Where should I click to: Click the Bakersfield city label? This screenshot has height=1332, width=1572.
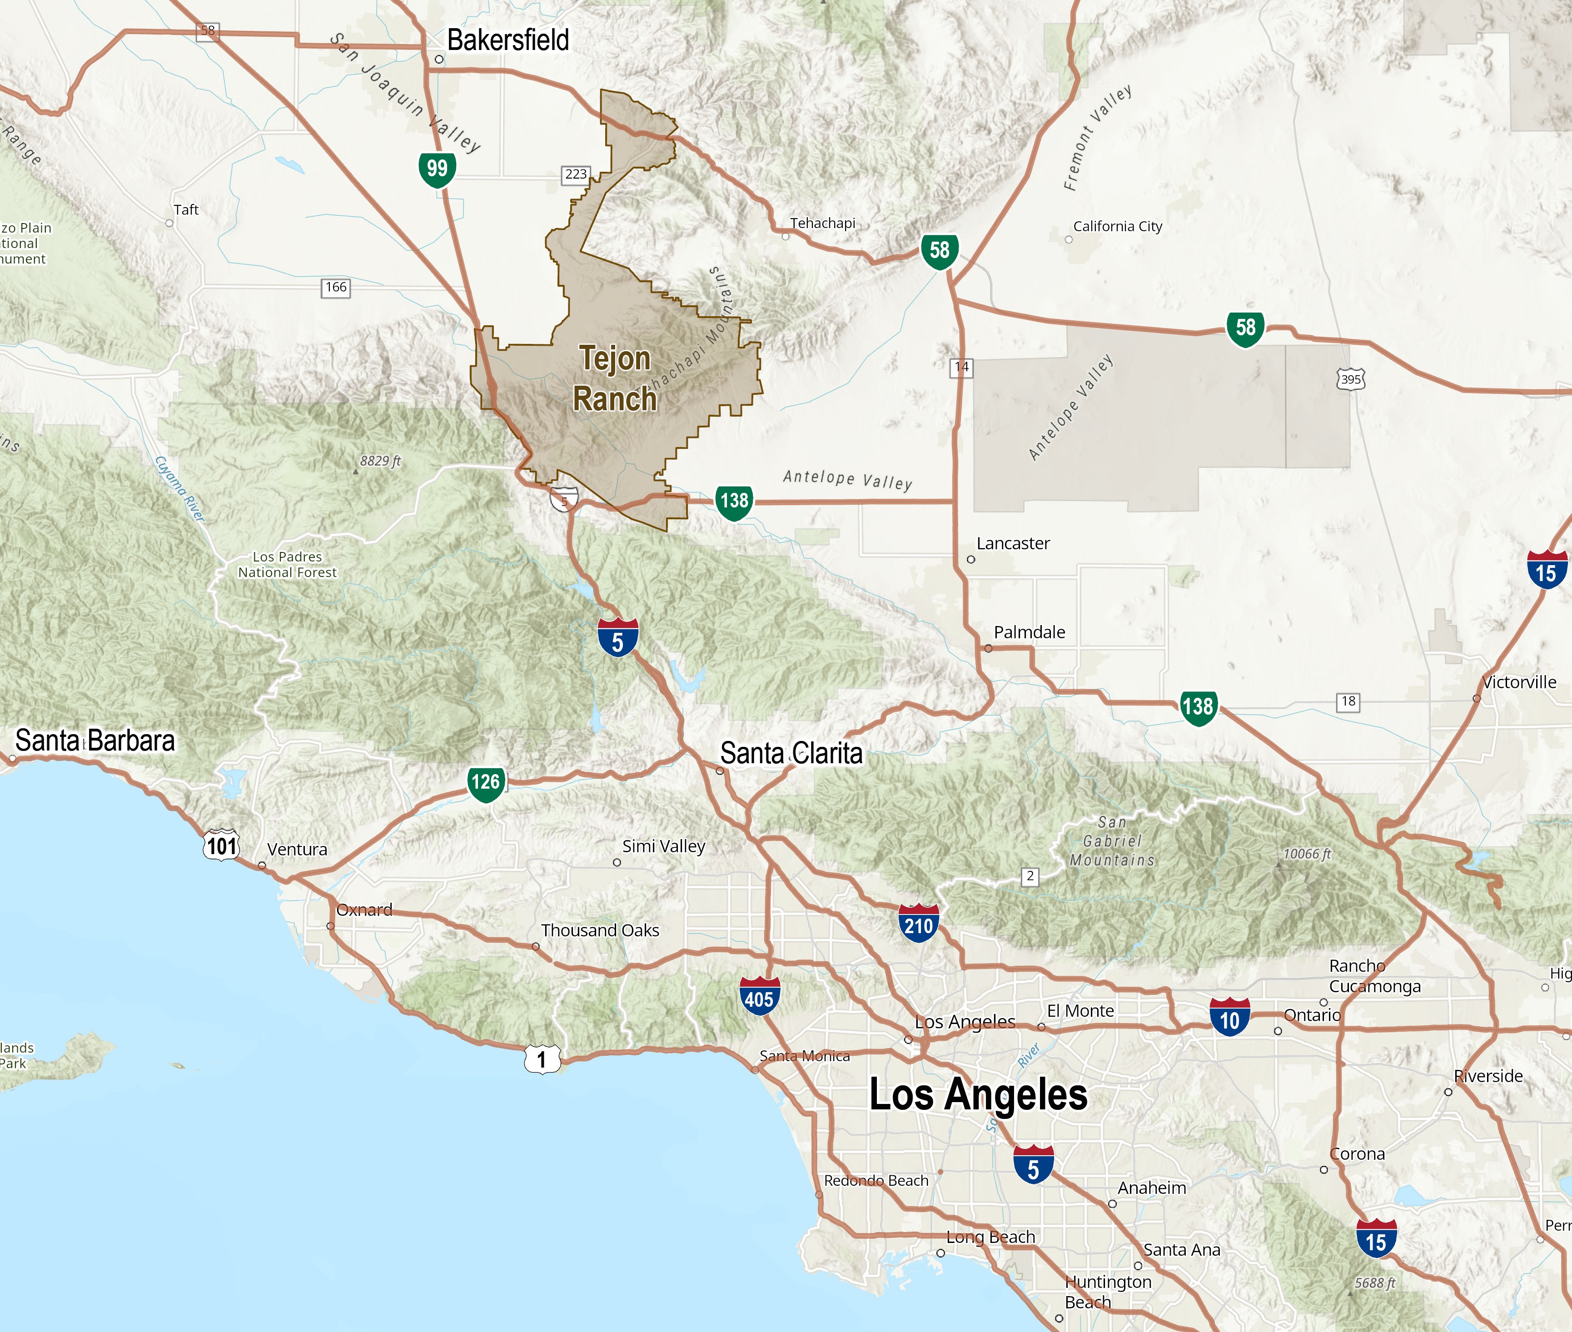[507, 40]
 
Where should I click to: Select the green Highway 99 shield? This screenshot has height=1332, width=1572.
[437, 169]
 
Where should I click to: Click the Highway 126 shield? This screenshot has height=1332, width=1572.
[486, 782]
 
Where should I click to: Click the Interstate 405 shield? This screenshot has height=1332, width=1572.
[759, 998]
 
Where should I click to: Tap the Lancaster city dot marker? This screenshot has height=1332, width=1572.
[971, 560]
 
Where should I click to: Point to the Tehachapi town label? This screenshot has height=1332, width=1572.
[822, 223]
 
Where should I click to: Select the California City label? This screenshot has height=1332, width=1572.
[1118, 227]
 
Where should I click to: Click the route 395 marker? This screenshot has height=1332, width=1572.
[1351, 379]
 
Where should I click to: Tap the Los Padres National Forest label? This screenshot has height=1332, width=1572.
[287, 565]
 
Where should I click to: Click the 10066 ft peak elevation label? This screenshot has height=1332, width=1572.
[1307, 854]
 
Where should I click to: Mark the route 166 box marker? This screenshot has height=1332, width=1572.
[336, 287]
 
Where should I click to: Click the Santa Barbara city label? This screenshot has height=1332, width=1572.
[95, 741]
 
